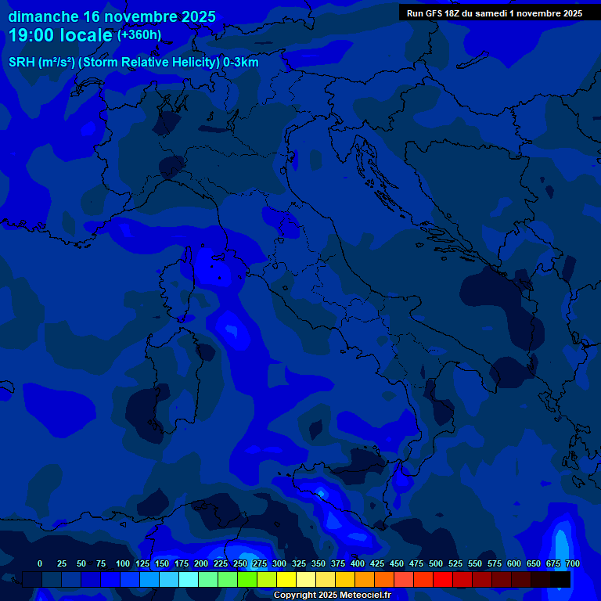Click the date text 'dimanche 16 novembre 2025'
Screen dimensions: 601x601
click(112, 16)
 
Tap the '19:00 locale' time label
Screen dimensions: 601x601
click(60, 35)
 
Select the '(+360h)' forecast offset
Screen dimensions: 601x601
click(139, 35)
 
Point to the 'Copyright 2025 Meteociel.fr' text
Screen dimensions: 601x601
click(332, 596)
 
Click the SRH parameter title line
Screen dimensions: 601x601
click(133, 63)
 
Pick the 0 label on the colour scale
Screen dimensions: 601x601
click(40, 563)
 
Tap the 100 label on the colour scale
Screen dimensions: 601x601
click(123, 563)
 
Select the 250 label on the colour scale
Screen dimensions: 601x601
click(240, 563)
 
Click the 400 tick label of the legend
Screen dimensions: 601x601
click(358, 563)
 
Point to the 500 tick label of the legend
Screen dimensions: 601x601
click(436, 563)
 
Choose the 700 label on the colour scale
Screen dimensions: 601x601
click(573, 563)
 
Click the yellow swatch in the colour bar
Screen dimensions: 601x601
click(286, 579)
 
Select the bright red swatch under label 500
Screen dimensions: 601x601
click(443, 579)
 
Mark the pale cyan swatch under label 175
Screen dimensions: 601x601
click(189, 579)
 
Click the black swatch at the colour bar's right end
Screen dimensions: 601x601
click(560, 579)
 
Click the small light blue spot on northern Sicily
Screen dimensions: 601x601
click(321, 492)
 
